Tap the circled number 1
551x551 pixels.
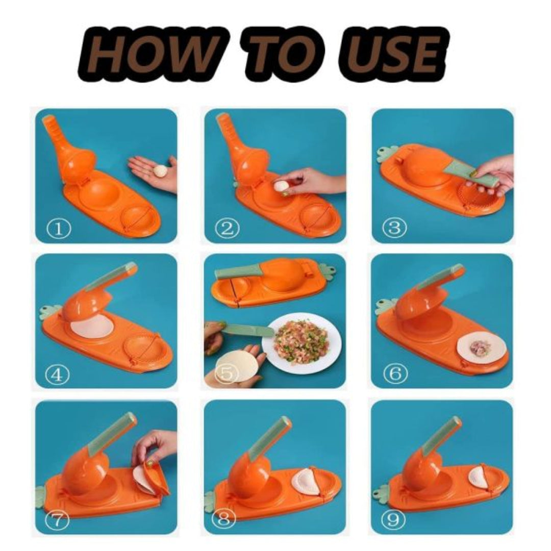[x=59, y=229]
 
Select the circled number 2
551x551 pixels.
[x=227, y=229]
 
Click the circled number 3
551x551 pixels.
[x=394, y=228]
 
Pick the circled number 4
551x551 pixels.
[x=57, y=375]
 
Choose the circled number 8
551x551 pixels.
[x=226, y=520]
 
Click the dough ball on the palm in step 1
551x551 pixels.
[x=160, y=170]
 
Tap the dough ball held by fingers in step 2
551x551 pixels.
[x=280, y=187]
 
